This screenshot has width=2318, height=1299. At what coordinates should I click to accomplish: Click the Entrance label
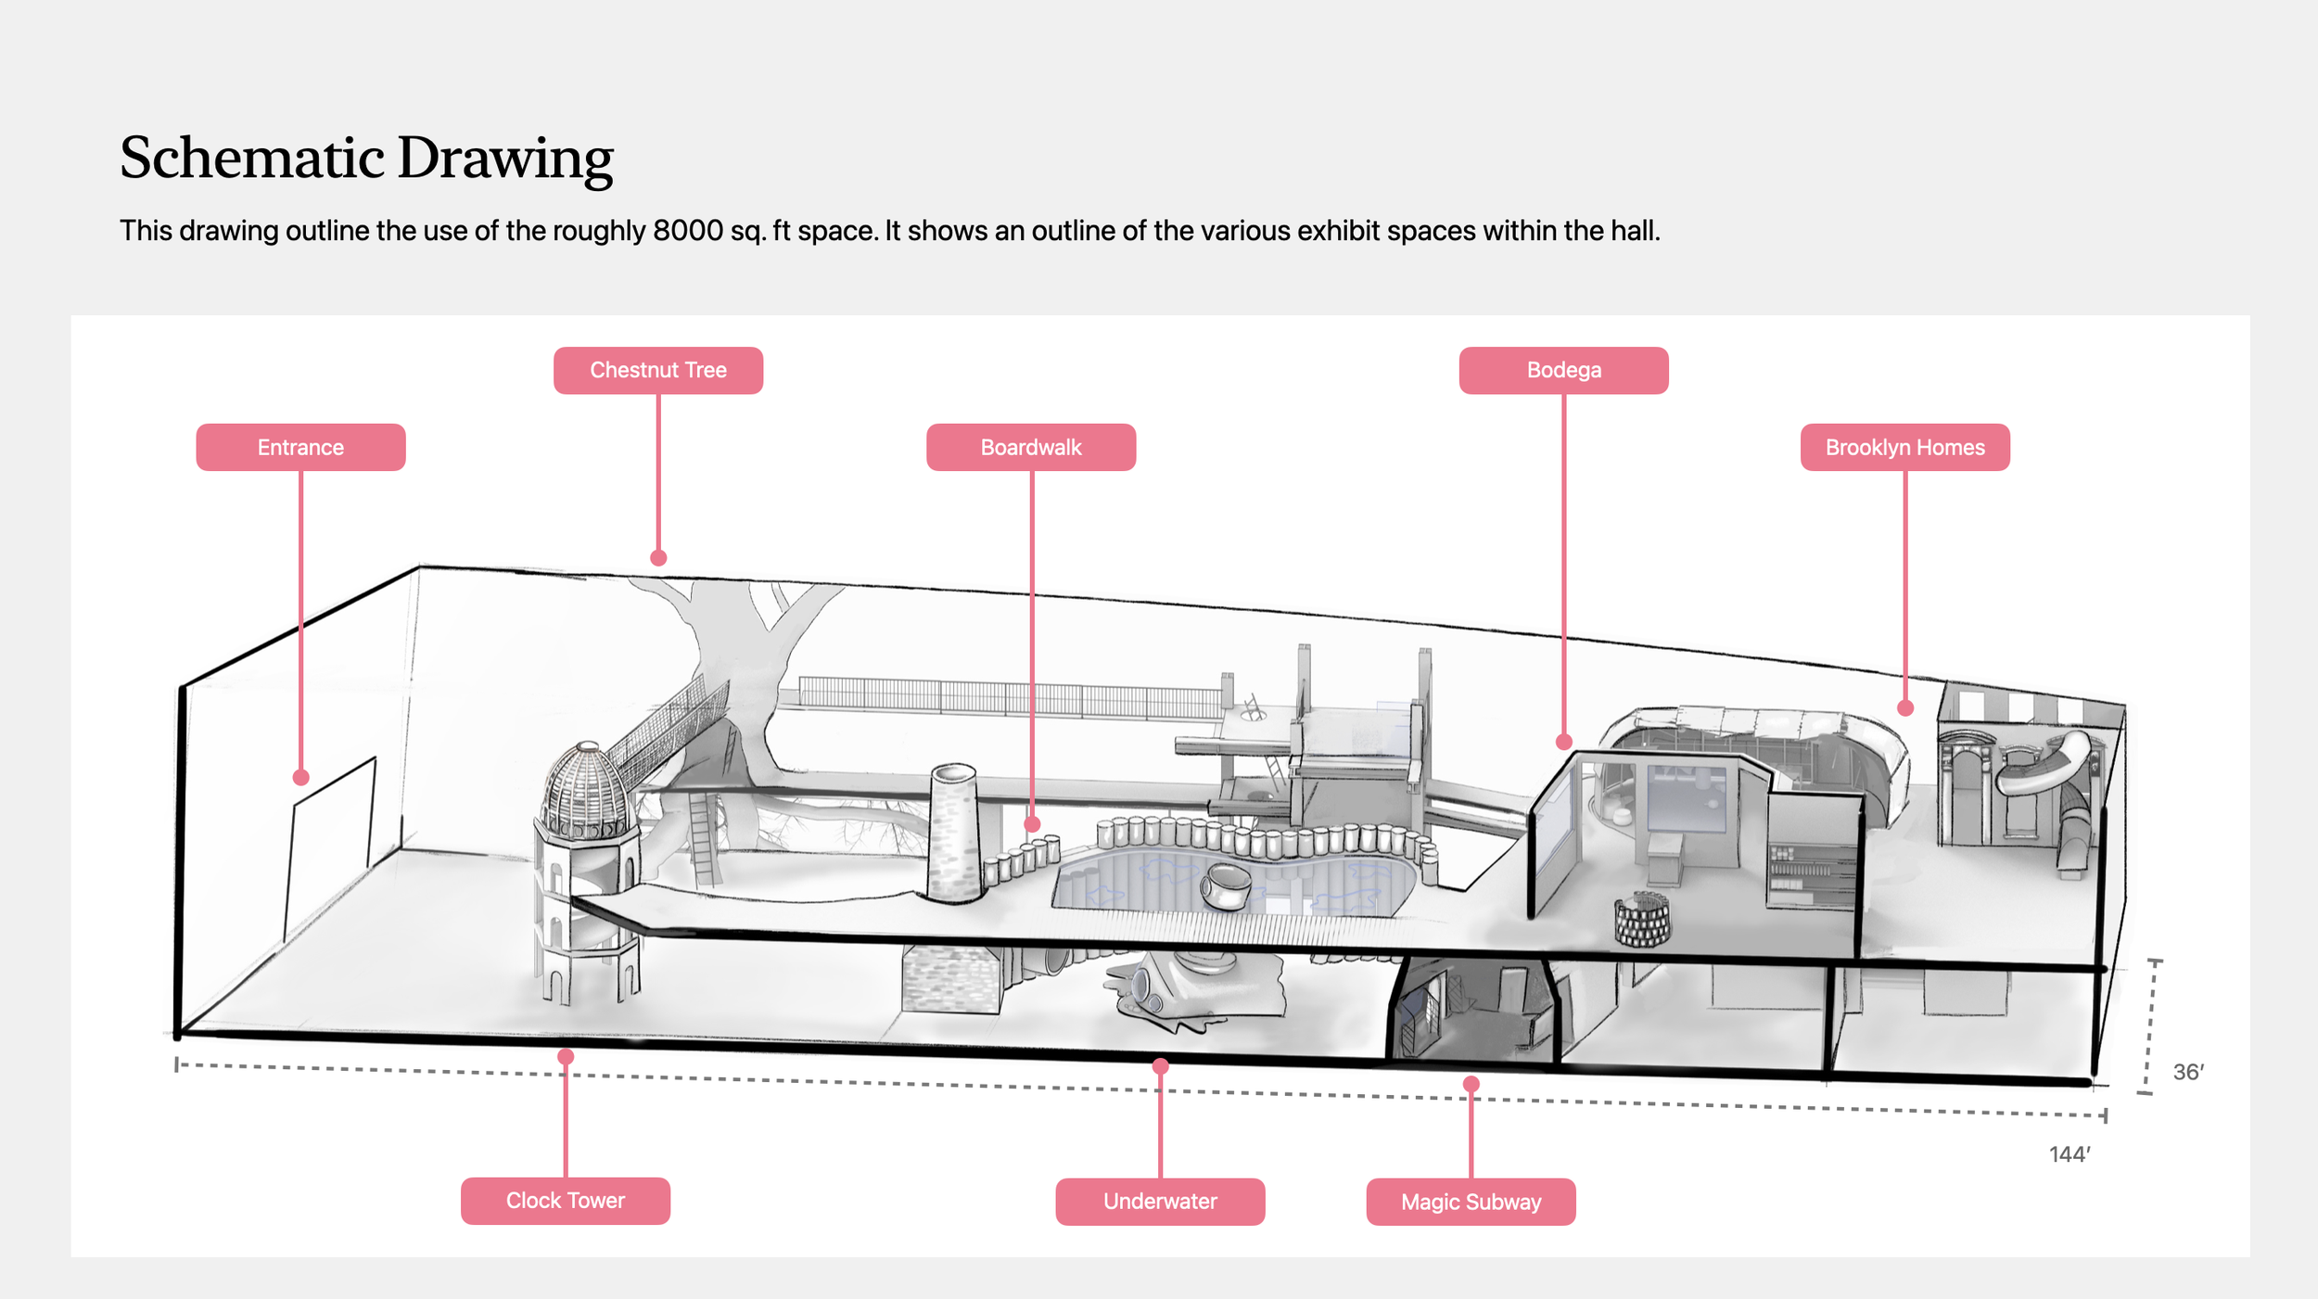(x=300, y=448)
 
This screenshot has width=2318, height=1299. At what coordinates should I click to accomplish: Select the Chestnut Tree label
(x=658, y=371)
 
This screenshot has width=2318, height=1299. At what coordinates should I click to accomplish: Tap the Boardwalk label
(x=1031, y=448)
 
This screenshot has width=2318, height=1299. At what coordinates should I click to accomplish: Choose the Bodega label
(x=1563, y=371)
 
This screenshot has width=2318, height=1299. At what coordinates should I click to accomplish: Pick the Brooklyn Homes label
(x=1904, y=448)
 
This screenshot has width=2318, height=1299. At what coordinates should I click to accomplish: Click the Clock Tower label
(x=566, y=1201)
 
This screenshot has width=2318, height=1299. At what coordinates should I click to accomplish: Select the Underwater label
(x=1160, y=1202)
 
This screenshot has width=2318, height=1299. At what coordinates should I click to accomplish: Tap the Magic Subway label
(x=1471, y=1203)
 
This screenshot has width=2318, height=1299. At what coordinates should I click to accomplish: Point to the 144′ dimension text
(x=2070, y=1154)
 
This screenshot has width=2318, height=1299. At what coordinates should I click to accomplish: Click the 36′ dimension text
(x=2188, y=1073)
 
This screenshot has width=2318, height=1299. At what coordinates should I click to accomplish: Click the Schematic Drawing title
(x=366, y=158)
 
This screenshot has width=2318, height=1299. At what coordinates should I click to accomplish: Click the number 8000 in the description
(x=687, y=231)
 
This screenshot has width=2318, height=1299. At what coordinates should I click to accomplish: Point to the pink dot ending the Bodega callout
(x=1564, y=742)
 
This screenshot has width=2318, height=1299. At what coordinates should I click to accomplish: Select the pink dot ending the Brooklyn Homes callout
(x=1905, y=708)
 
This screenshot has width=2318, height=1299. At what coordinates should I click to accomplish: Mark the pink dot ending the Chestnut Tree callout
(x=658, y=558)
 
